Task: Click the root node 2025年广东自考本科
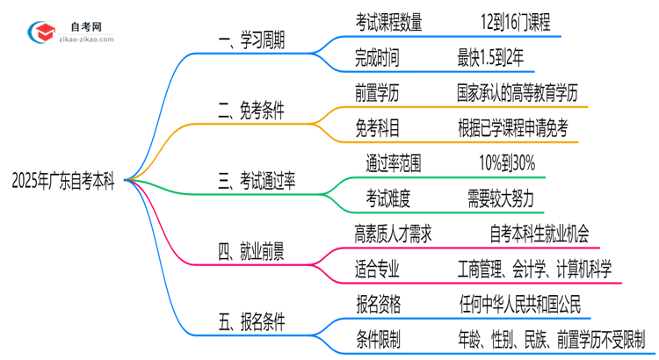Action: [65, 181]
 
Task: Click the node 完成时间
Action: [377, 59]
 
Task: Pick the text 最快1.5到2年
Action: [496, 59]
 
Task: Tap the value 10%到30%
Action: [507, 163]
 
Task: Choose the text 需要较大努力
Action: [508, 198]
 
